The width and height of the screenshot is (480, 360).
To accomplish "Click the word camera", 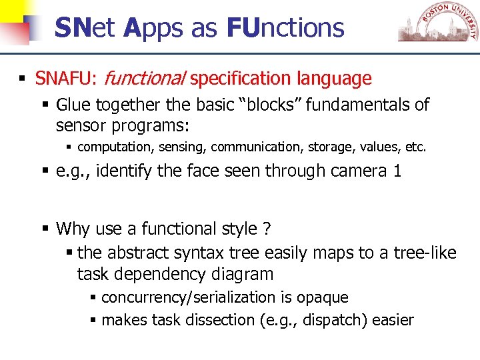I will point(355,171).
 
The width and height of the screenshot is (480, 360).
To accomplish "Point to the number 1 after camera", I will point(397,171).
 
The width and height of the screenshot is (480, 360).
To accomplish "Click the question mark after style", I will point(267,229).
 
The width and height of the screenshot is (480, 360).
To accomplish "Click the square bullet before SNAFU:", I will point(23,79).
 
